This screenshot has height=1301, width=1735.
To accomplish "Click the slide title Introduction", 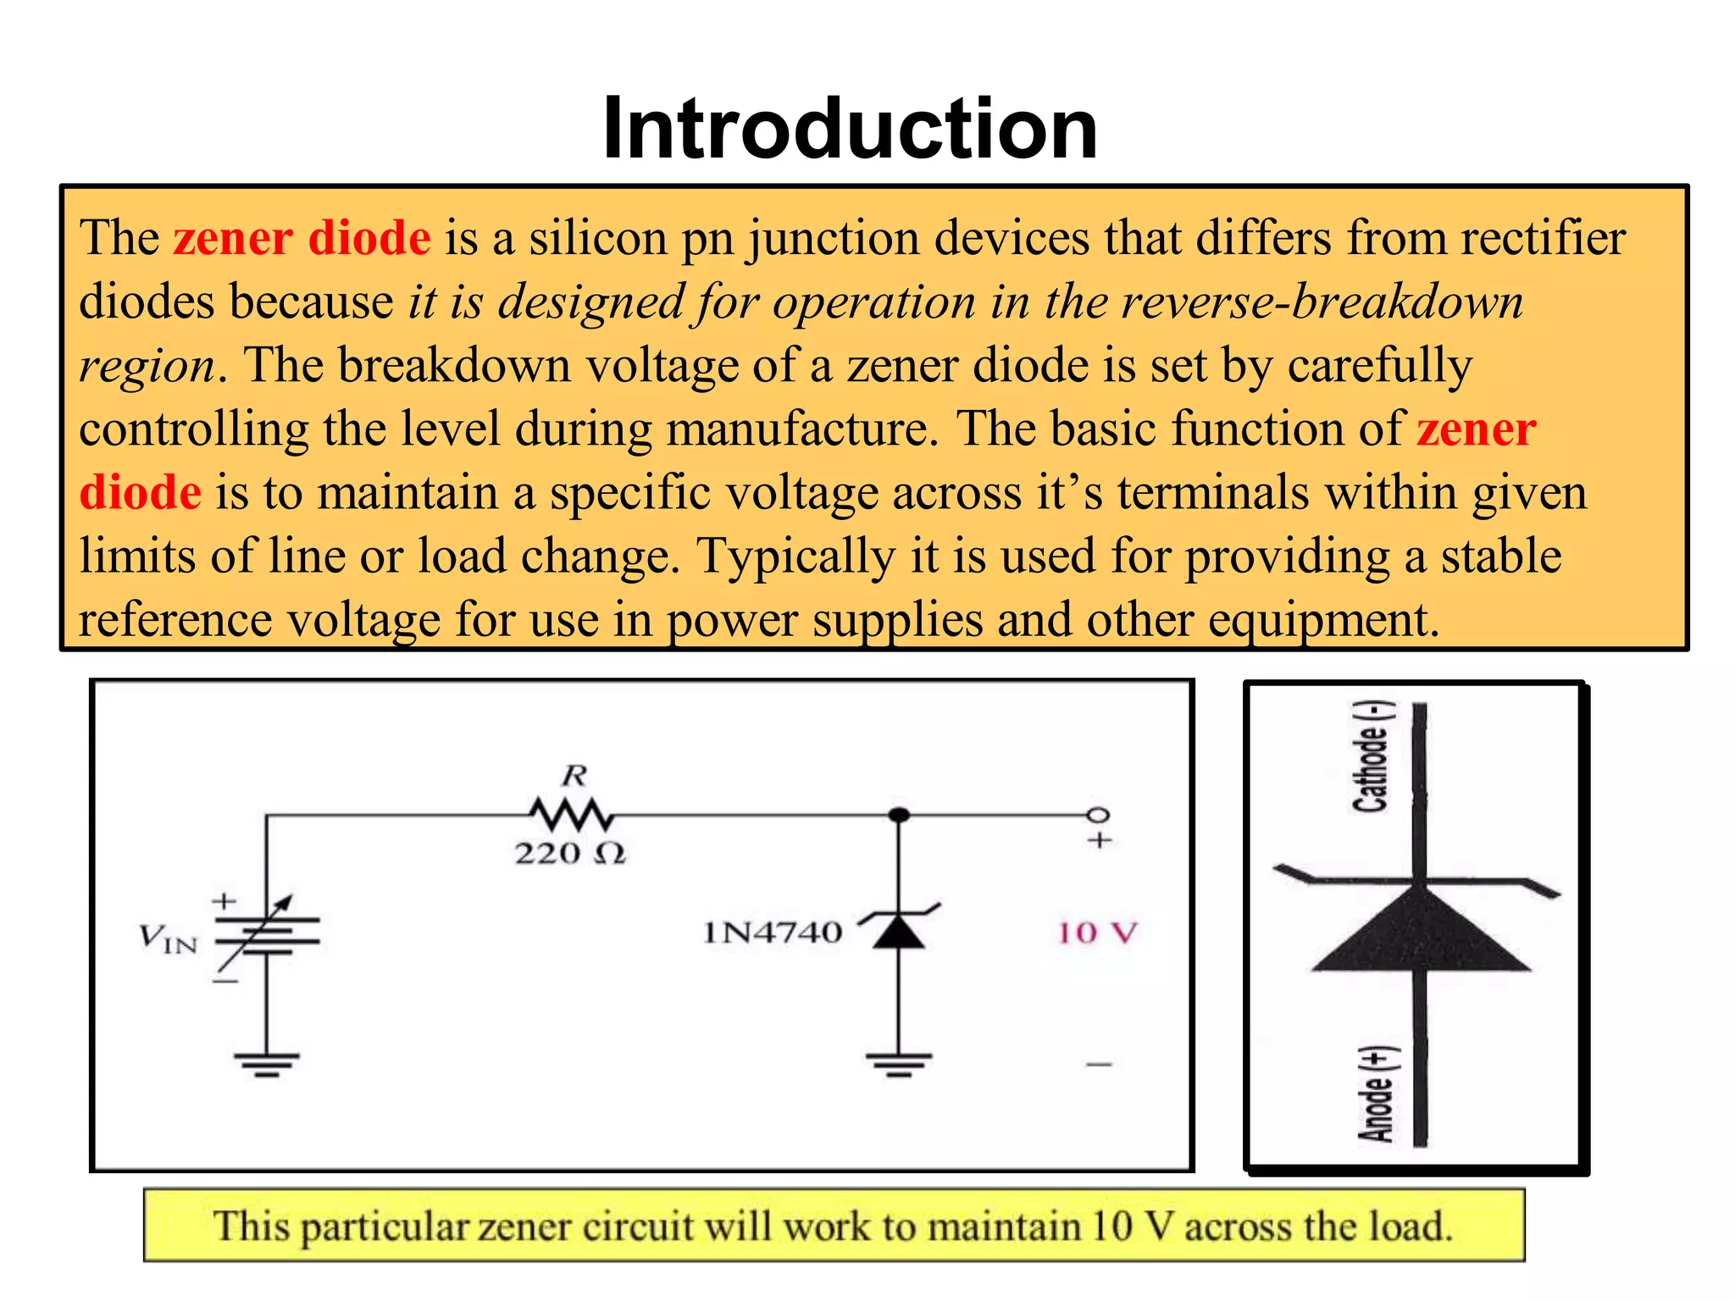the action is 850,129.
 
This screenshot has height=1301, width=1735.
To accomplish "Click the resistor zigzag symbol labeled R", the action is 572,816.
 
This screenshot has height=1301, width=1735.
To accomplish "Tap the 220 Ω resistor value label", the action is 570,853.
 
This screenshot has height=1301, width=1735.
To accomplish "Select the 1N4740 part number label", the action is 772,933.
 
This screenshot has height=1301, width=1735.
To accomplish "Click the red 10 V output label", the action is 1097,933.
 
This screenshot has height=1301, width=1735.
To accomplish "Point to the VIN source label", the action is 168,938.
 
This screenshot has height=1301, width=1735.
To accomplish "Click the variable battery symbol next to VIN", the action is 267,936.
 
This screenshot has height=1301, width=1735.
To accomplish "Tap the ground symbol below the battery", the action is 267,1064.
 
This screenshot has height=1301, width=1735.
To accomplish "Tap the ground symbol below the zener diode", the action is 899,1064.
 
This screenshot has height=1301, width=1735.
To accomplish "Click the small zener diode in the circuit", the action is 899,930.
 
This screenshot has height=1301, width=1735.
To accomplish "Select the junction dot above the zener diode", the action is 899,815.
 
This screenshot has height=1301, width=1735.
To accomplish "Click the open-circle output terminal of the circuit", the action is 1098,815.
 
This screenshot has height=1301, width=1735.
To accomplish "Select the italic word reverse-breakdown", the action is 1322,302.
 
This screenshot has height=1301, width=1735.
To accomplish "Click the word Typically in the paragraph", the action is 795,556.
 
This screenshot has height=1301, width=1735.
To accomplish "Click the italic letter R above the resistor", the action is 574,775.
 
